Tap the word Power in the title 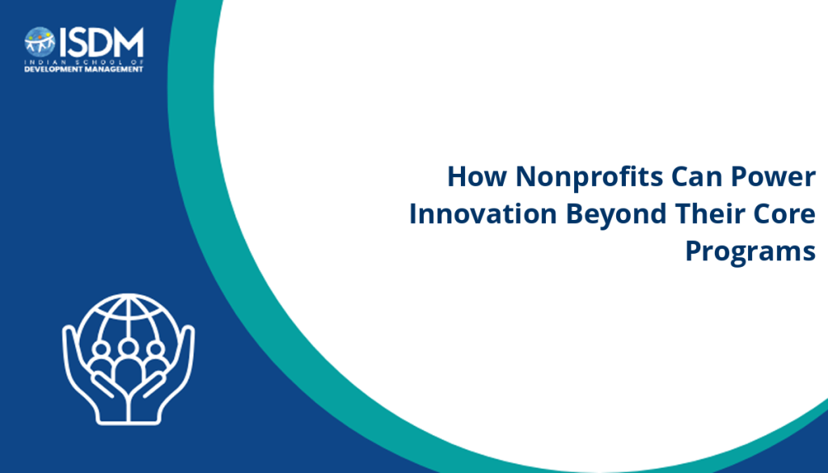pyautogui.click(x=773, y=176)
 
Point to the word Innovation pyautogui.click(x=483, y=213)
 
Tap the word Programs pyautogui.click(x=750, y=252)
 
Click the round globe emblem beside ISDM pyautogui.click(x=40, y=42)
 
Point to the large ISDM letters pyautogui.click(x=101, y=42)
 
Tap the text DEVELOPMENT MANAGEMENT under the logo pyautogui.click(x=84, y=70)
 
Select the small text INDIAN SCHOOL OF pyautogui.click(x=84, y=61)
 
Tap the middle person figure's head pyautogui.click(x=128, y=348)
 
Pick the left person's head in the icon pyautogui.click(x=101, y=349)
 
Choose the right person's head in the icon pyautogui.click(x=155, y=349)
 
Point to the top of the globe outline pyautogui.click(x=129, y=296)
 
